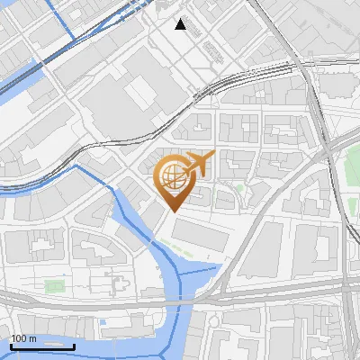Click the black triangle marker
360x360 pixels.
181,24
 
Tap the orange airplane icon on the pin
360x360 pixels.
198,164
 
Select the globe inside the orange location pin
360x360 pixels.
172,176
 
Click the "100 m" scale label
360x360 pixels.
23,338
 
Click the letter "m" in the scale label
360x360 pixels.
33,338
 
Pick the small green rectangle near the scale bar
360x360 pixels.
55,286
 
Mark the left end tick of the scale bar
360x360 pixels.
11,346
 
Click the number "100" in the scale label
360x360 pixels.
20,338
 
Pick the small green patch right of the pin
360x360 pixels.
240,189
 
